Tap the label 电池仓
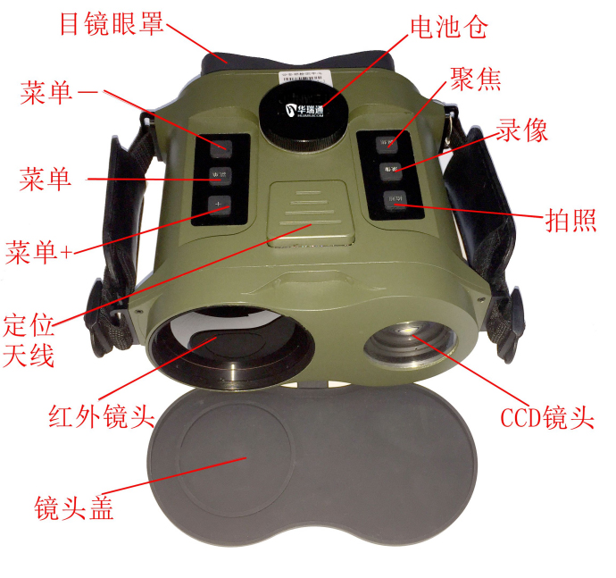447,28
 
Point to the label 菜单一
59,93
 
